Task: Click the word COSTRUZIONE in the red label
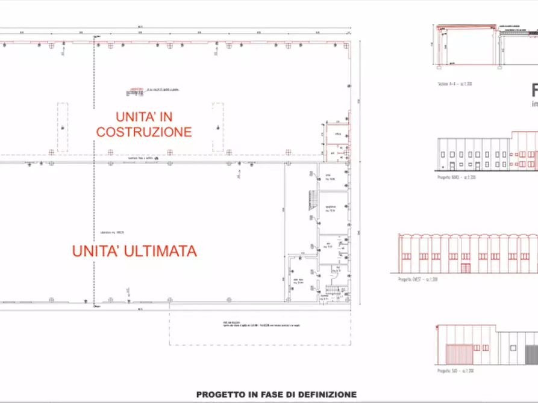click(144, 132)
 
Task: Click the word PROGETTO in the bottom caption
click(221, 395)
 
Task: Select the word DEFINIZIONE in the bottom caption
click(325, 395)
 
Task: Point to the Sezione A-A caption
click(455, 84)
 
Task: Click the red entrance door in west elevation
click(466, 268)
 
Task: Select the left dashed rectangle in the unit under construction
click(63, 126)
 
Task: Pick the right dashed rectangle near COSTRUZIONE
click(217, 126)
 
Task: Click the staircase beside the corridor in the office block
click(313, 205)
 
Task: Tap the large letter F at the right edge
click(534, 91)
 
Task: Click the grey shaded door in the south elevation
click(530, 354)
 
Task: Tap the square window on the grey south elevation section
click(511, 347)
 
